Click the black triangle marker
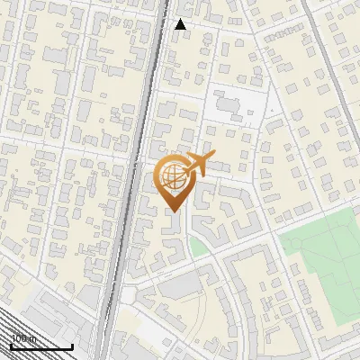[x=181, y=24]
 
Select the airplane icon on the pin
[x=196, y=165]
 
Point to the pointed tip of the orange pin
[x=173, y=211]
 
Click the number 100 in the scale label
[x=17, y=339]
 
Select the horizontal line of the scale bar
[x=41, y=346]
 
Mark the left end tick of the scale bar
[x=12, y=345]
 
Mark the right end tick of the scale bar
[x=72, y=345]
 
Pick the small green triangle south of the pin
[x=196, y=246]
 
